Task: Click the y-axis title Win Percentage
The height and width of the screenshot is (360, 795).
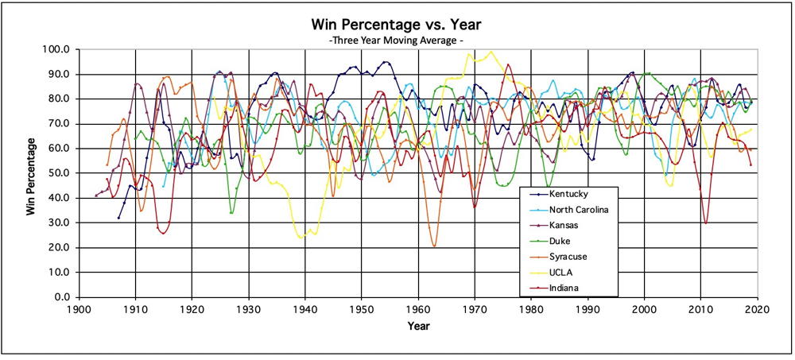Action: point(30,176)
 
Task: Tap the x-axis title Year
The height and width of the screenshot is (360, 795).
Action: point(418,327)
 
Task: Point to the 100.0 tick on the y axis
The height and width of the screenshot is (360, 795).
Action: point(59,49)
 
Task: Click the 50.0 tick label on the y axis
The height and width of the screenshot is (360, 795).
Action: point(61,173)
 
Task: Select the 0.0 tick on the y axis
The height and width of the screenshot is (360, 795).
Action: point(64,297)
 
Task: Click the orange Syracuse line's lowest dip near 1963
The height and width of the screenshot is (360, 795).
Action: point(434,246)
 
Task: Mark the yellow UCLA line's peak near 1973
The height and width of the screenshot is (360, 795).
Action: point(491,52)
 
